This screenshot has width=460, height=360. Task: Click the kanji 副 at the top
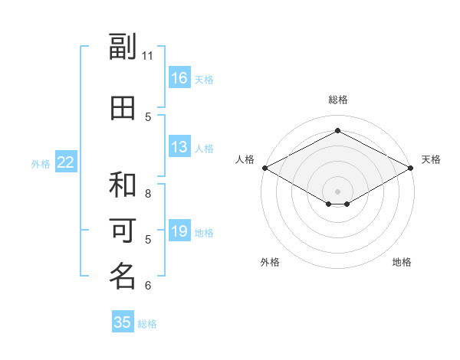click(123, 46)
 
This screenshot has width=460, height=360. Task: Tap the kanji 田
click(123, 108)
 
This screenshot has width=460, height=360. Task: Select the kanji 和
click(123, 185)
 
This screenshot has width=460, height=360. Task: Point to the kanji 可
click(123, 231)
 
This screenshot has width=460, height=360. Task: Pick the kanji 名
click(123, 276)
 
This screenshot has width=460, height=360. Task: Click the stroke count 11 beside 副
click(147, 56)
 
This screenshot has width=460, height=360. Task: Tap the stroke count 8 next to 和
click(148, 194)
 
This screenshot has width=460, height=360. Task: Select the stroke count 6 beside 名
click(148, 286)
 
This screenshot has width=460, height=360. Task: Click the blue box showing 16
click(179, 77)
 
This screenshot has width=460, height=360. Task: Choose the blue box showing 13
click(179, 146)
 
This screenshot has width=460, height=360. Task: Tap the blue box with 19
click(179, 230)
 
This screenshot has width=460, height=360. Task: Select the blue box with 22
click(66, 162)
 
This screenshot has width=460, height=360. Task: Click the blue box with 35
click(123, 321)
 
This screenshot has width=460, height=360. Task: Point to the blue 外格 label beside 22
click(41, 164)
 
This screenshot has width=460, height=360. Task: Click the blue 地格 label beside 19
click(204, 233)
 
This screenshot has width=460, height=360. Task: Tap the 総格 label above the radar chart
click(338, 100)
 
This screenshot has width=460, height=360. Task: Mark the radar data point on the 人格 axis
click(265, 168)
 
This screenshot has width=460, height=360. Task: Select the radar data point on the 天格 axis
click(410, 168)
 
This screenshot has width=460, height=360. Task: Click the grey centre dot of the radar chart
click(337, 191)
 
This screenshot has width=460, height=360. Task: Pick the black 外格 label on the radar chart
click(270, 262)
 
